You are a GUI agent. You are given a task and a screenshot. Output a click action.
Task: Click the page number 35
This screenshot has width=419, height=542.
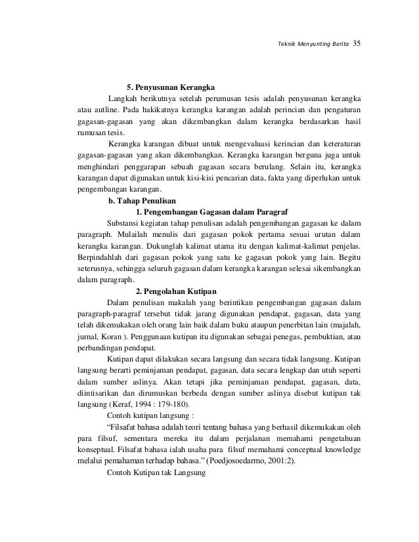click(357, 44)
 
